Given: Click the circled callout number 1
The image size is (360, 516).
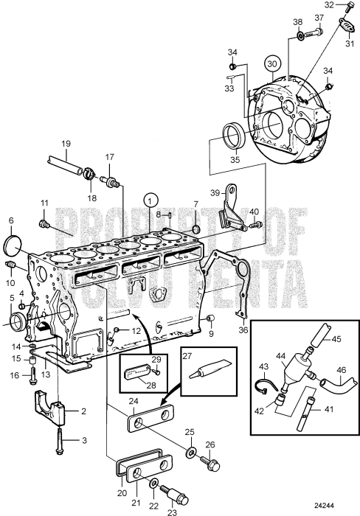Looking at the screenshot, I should [150, 199].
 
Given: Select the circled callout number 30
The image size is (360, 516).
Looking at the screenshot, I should [273, 63].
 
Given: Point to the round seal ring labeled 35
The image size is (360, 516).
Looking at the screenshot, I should [237, 136].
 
